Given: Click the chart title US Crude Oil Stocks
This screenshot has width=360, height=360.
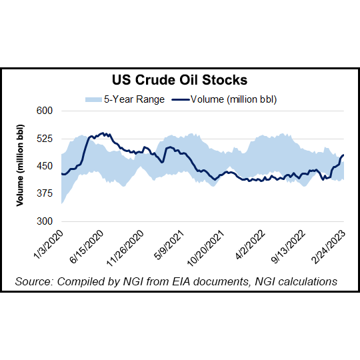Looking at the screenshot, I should tap(180, 81).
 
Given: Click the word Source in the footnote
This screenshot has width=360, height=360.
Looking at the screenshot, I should tap(34, 282).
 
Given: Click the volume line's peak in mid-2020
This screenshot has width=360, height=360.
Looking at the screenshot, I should tap(101, 133).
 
